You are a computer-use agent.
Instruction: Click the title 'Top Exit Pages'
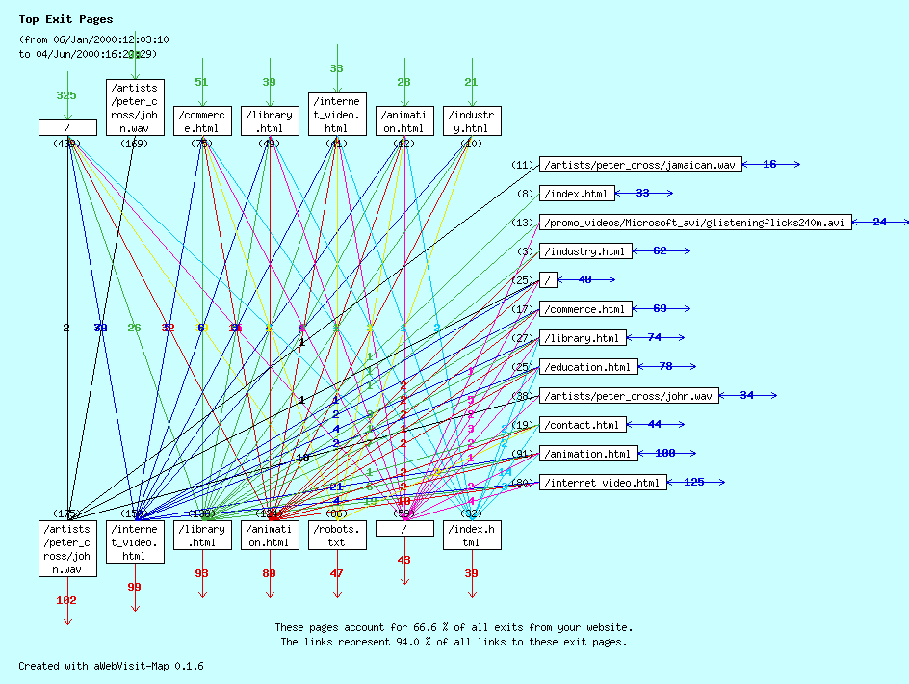pos(65,19)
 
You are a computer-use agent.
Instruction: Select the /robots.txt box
pos(337,535)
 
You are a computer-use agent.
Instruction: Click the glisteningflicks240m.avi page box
pos(695,223)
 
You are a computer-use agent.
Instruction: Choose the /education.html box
pos(587,367)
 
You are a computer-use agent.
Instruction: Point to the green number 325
pos(66,95)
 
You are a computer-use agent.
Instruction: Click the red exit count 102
pos(66,600)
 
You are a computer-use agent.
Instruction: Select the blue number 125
pos(693,482)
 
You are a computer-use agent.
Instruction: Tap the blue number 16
pos(769,165)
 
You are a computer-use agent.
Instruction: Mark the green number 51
pos(201,83)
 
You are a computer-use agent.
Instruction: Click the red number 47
pos(336,573)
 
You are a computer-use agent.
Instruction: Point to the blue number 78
pos(665,367)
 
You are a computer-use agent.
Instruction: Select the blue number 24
pos(879,223)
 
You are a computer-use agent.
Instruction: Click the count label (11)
pos(523,166)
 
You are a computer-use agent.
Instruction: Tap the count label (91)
pos(523,454)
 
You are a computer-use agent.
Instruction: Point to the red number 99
pos(134,587)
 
